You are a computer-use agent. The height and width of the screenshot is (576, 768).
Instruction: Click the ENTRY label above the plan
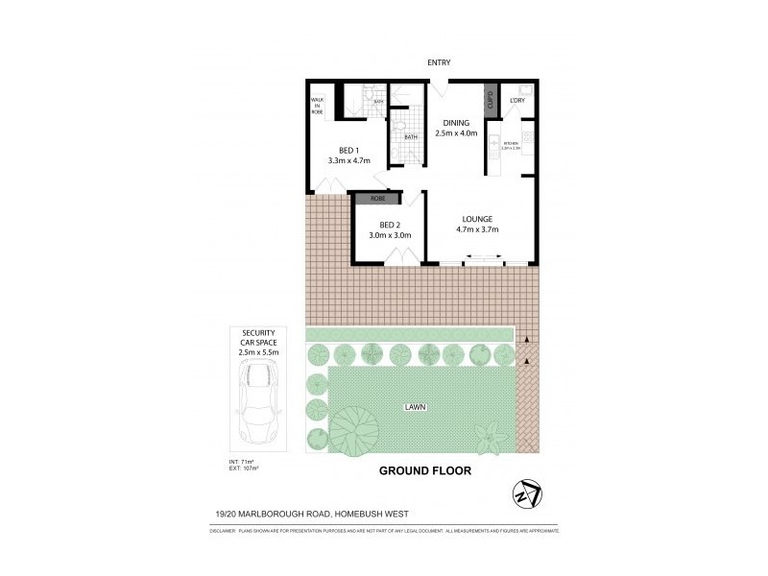(x=440, y=63)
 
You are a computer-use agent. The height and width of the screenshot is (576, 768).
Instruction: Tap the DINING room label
(x=455, y=123)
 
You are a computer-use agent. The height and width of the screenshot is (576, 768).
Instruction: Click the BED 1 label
(x=348, y=150)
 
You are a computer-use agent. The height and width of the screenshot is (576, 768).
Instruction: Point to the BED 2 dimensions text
(x=390, y=235)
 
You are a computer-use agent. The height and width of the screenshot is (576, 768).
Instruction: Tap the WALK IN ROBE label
(x=317, y=107)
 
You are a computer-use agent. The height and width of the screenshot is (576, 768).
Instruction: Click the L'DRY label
(x=516, y=100)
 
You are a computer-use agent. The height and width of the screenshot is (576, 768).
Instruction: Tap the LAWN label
(x=415, y=407)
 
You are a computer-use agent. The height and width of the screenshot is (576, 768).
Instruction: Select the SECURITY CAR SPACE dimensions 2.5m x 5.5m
(x=258, y=352)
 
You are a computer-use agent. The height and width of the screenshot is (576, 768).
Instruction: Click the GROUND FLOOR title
(x=425, y=471)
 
